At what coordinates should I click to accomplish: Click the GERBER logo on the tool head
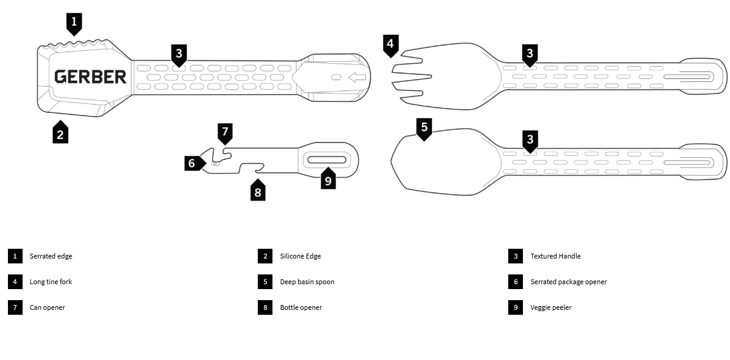pyautogui.click(x=90, y=76)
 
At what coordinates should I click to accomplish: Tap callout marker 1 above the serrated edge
pyautogui.click(x=74, y=23)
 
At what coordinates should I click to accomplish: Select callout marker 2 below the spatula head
pyautogui.click(x=60, y=134)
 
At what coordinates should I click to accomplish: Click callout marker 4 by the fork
pyautogui.click(x=391, y=45)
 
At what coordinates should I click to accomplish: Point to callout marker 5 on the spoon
pyautogui.click(x=425, y=128)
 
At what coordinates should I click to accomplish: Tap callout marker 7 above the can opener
pyautogui.click(x=225, y=131)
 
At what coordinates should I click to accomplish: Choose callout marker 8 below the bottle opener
pyautogui.click(x=258, y=192)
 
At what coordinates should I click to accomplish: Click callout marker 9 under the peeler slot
pyautogui.click(x=328, y=180)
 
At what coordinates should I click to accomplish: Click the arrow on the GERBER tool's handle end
pyautogui.click(x=357, y=77)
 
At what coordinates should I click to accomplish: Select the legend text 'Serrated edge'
pyautogui.click(x=51, y=256)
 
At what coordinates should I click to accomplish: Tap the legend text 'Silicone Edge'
pyautogui.click(x=300, y=256)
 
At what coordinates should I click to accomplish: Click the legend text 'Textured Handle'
pyautogui.click(x=555, y=256)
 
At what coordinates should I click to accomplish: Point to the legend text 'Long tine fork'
pyautogui.click(x=51, y=282)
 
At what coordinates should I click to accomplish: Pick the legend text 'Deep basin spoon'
pyautogui.click(x=307, y=282)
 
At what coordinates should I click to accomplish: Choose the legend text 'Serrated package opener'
pyautogui.click(x=568, y=282)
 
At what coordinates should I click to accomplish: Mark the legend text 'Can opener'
pyautogui.click(x=47, y=307)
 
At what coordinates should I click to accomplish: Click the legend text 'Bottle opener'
pyautogui.click(x=301, y=307)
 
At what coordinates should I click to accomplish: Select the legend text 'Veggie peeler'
pyautogui.click(x=551, y=307)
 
